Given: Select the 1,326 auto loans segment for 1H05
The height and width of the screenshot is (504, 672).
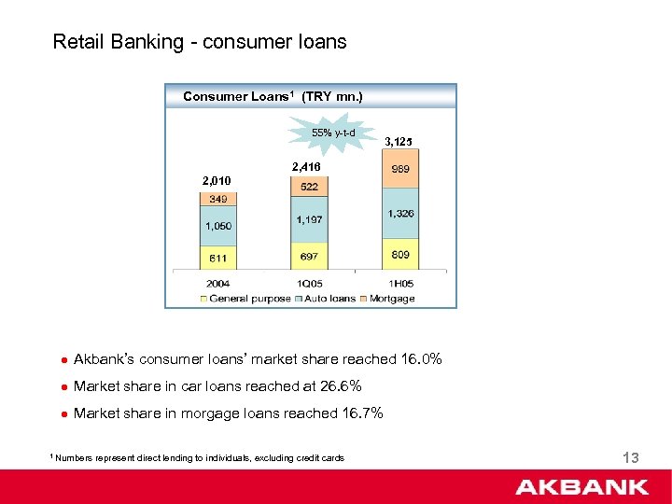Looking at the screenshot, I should (x=400, y=215).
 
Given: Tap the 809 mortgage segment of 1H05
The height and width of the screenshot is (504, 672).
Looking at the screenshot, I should (x=400, y=254).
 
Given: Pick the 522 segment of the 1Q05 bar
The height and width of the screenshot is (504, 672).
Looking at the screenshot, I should (x=308, y=188).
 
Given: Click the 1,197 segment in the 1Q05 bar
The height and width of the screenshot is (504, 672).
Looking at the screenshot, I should (x=308, y=220).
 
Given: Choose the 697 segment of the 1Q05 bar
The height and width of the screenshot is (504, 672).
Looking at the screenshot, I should (x=308, y=257).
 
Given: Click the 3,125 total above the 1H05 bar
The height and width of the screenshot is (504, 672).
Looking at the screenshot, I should (x=399, y=142).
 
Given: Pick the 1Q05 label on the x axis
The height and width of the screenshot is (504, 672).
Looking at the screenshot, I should (x=308, y=283).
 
